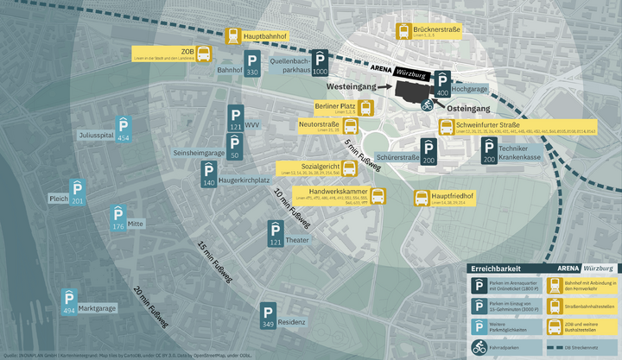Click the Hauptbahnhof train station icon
(233, 36)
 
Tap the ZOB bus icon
(203, 55)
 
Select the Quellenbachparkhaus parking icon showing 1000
(321, 63)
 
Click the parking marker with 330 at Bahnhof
(251, 63)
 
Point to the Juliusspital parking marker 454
(124, 128)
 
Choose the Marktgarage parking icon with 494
(69, 301)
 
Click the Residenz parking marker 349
(268, 316)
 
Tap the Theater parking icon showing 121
(276, 233)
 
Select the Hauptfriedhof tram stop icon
(422, 199)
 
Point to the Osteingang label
(467, 109)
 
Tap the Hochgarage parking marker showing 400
(442, 83)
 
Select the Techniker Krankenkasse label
(519, 153)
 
